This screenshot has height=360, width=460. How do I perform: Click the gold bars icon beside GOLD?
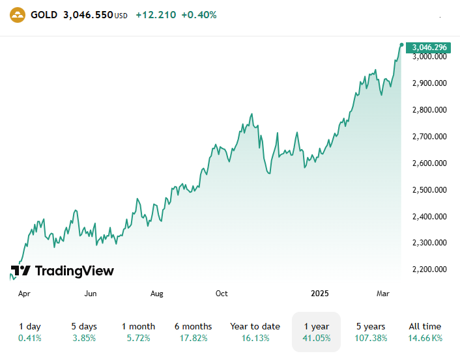tap(18, 14)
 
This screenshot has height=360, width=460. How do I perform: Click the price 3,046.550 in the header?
tap(88, 14)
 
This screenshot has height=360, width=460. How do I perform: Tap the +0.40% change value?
tap(199, 14)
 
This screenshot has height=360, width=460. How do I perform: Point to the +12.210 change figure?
tap(156, 14)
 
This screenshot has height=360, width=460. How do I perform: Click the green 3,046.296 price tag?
tap(429, 47)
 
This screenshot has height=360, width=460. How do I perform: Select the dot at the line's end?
tap(401, 44)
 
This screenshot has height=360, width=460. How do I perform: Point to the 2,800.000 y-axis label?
tap(429, 110)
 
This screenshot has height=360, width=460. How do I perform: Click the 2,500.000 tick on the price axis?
tap(429, 190)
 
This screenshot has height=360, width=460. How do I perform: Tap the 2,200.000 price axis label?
tap(429, 270)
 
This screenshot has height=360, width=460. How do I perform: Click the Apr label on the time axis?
tap(24, 294)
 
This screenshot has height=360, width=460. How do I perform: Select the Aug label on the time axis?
tap(156, 294)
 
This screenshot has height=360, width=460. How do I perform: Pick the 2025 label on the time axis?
tap(320, 294)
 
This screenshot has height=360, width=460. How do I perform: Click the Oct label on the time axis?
tap(222, 294)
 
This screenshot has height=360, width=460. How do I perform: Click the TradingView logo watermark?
tap(63, 271)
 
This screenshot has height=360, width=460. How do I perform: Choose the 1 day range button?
tap(29, 332)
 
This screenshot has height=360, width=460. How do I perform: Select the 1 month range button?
tap(138, 332)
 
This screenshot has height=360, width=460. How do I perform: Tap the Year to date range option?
tap(255, 332)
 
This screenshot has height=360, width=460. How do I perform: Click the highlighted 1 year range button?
tap(316, 332)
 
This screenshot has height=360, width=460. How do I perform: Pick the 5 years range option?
tap(370, 332)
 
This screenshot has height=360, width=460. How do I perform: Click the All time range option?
tap(425, 332)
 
